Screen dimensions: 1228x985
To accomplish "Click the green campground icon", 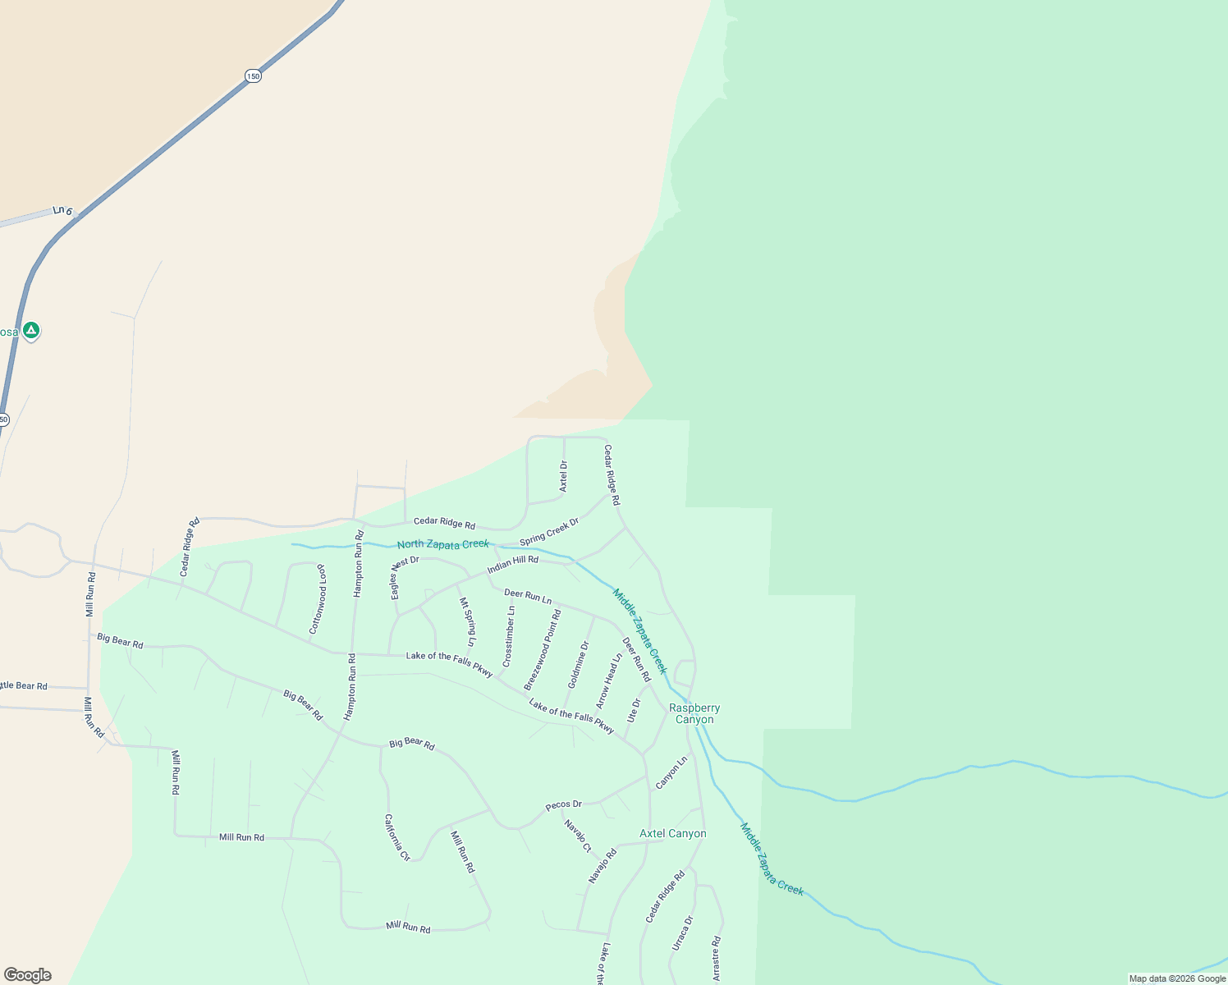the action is click(30, 331).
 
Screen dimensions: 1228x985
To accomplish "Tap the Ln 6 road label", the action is click(62, 211).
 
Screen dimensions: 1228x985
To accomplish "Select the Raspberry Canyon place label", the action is click(694, 713).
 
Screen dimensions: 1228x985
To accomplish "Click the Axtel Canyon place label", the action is click(672, 833).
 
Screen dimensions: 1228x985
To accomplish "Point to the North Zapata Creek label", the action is click(443, 544).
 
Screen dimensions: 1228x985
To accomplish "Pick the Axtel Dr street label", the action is click(563, 476).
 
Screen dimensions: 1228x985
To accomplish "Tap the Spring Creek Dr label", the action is click(549, 530).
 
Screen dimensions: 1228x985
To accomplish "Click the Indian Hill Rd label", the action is click(513, 565).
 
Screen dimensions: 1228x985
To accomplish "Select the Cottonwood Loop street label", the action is click(317, 599).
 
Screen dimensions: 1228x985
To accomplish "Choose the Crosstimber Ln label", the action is click(509, 636).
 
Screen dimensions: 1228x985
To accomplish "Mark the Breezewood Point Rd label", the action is click(543, 649).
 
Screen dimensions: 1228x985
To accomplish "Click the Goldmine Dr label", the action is click(579, 665).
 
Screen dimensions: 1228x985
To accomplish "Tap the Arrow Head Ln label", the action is click(609, 680).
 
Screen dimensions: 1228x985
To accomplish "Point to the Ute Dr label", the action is click(633, 710).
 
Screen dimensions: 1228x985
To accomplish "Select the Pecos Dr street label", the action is click(564, 804).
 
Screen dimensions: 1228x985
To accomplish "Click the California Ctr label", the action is click(397, 837).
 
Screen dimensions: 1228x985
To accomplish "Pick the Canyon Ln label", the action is click(671, 773).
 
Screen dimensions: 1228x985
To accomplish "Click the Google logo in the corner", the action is click(27, 975).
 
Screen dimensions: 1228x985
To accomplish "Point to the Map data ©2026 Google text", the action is click(1177, 978).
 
